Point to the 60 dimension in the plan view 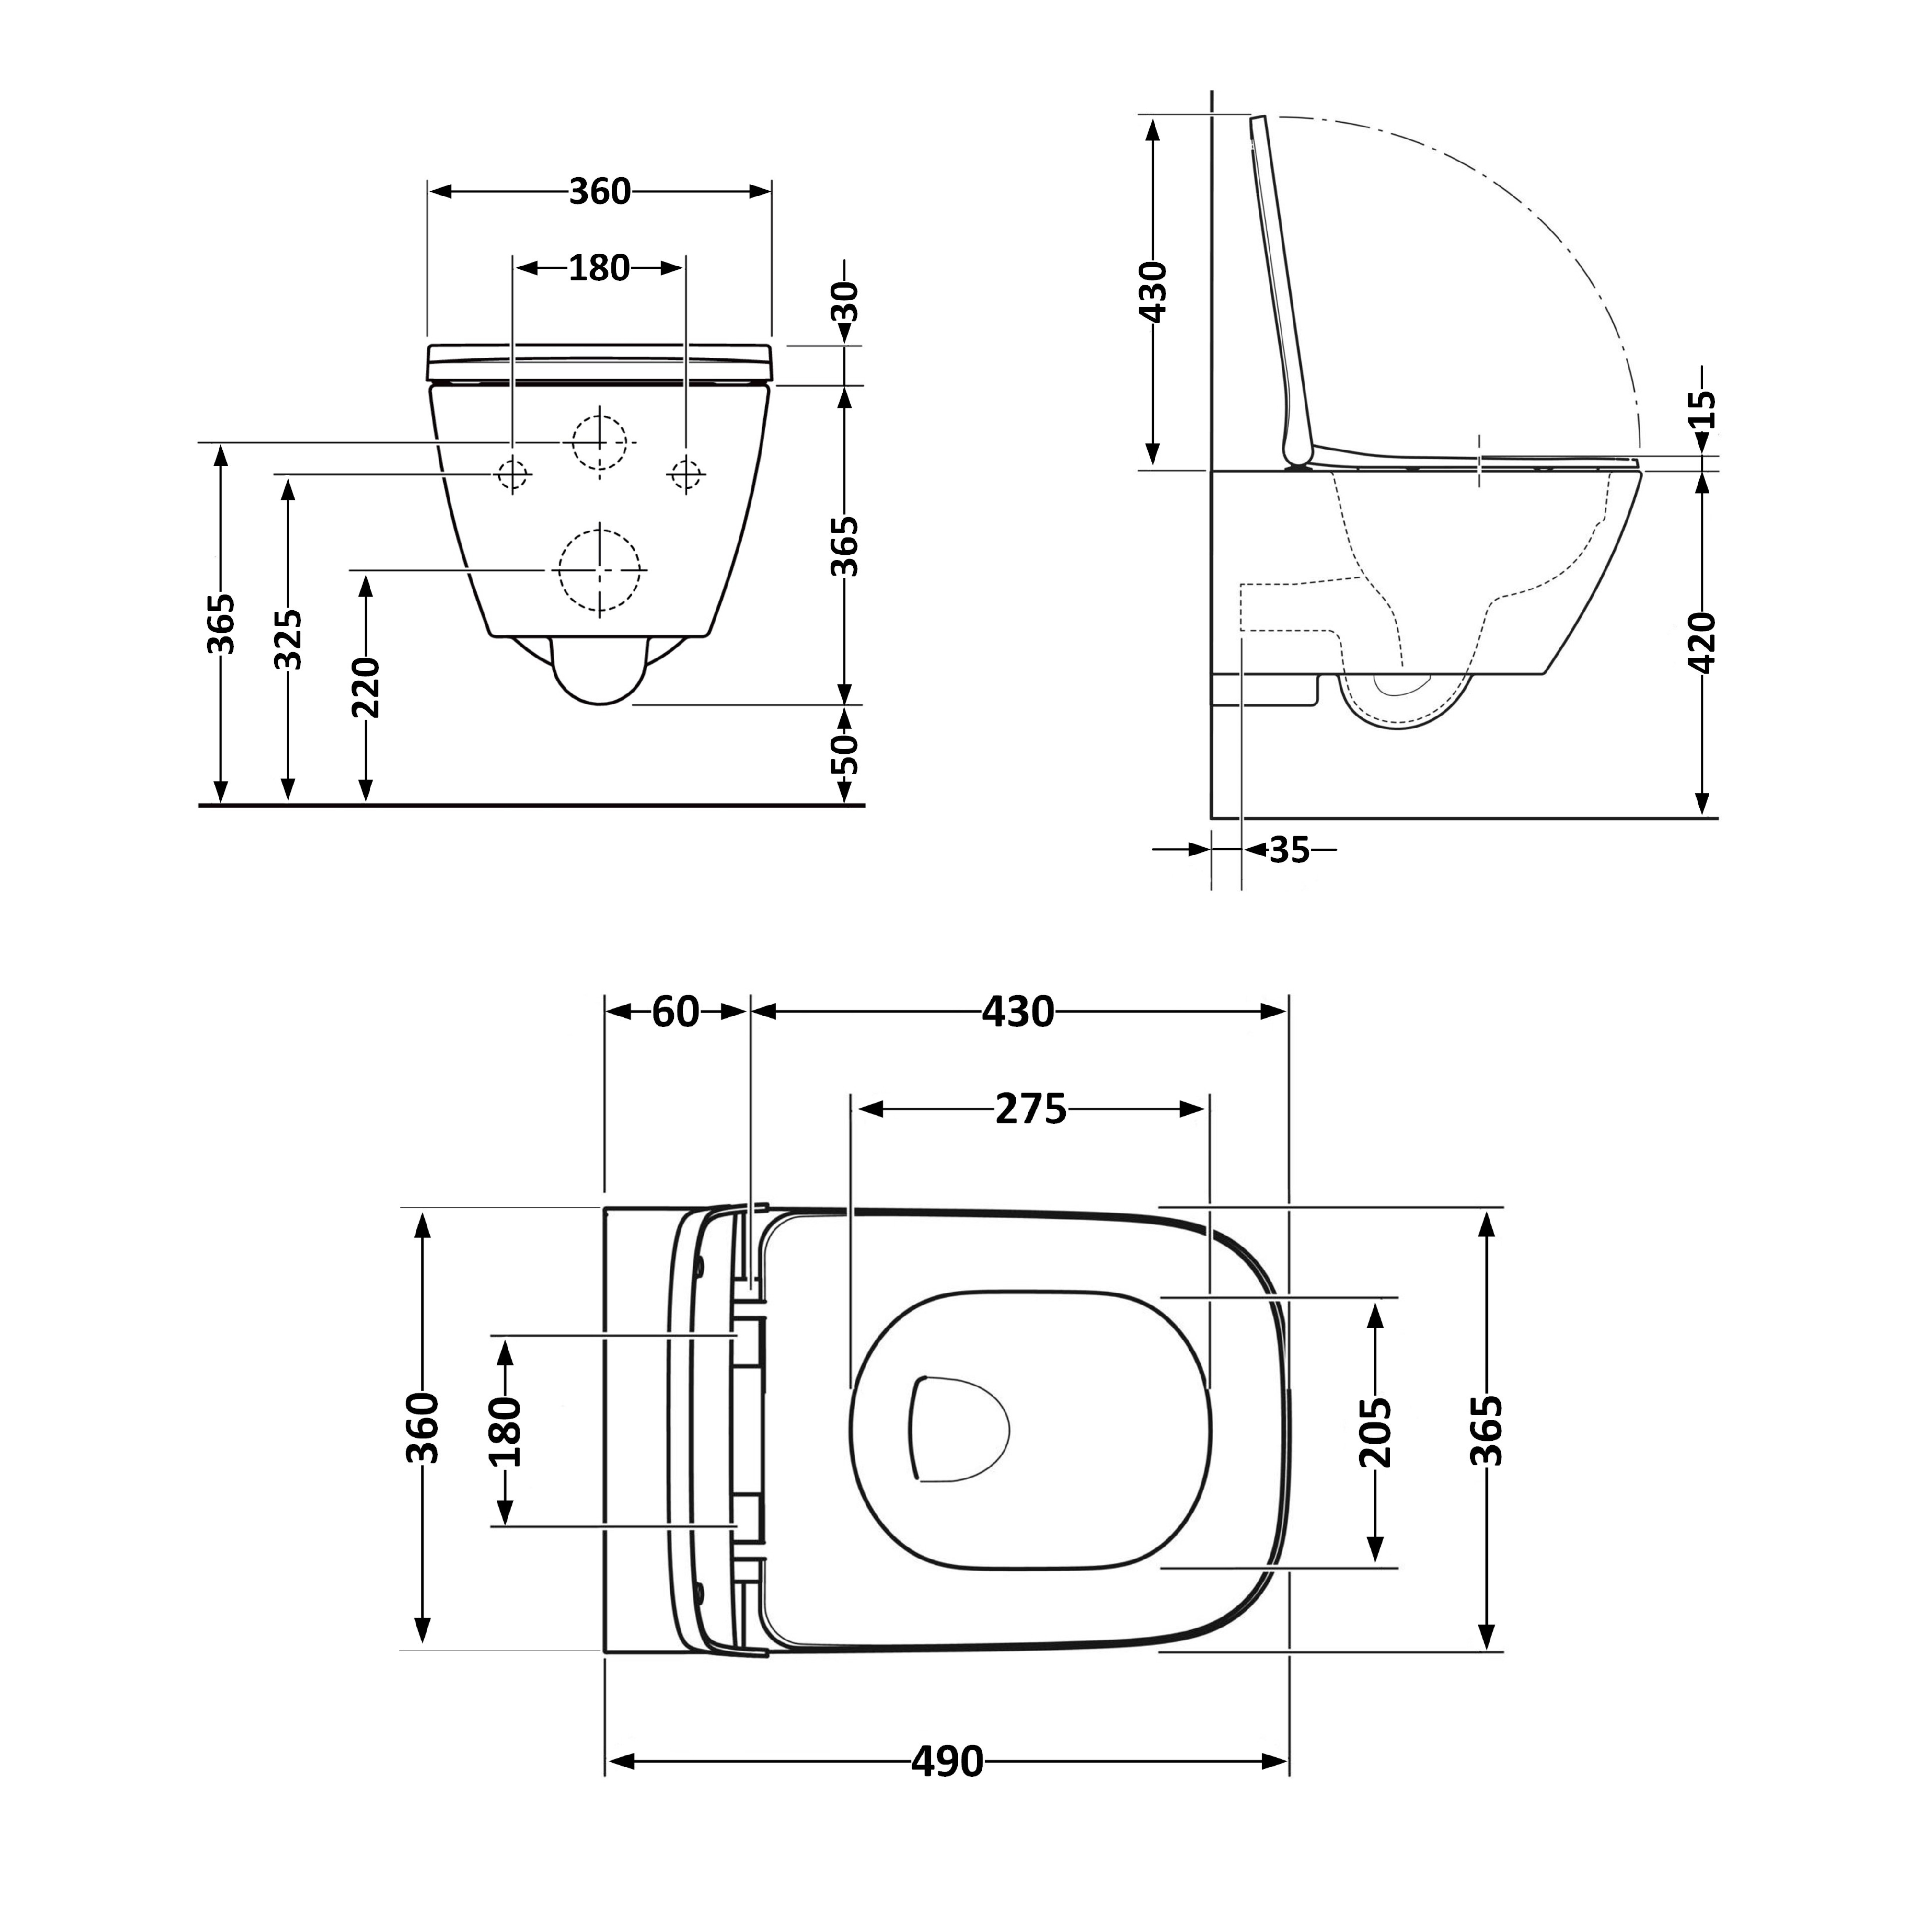[x=676, y=1011]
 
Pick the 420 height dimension [x=1702, y=643]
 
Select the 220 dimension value [x=365, y=687]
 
